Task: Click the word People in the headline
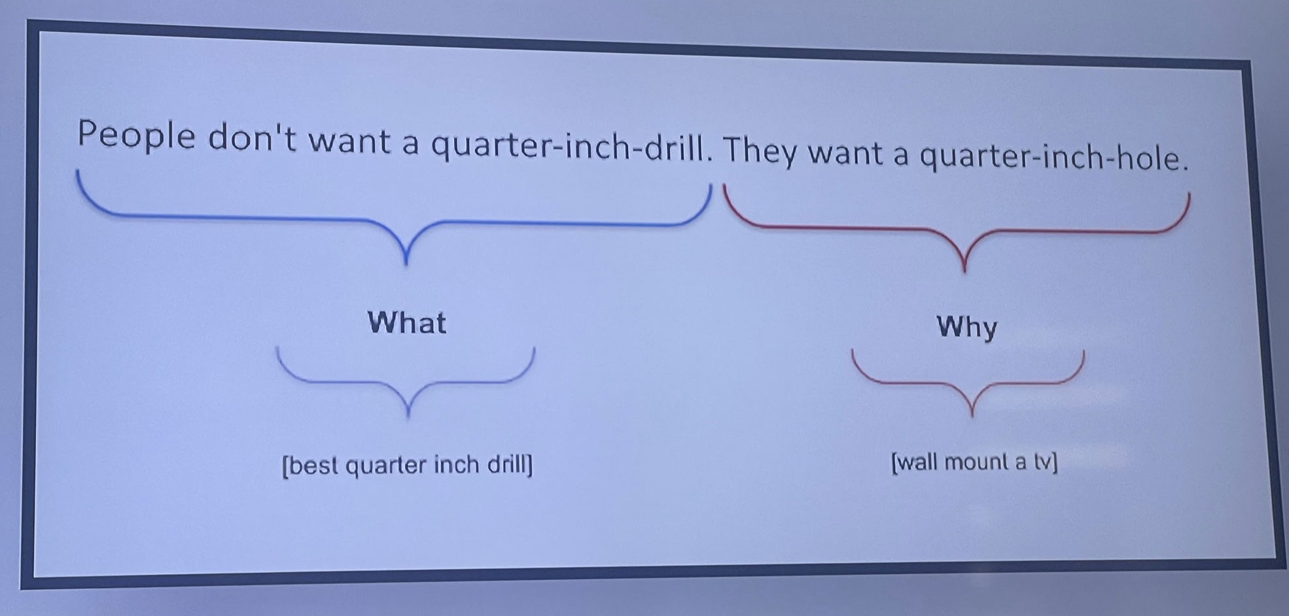[x=136, y=136]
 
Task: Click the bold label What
[x=406, y=322]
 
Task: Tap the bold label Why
[x=967, y=327]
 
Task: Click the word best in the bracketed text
[x=312, y=466]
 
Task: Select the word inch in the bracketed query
[x=457, y=464]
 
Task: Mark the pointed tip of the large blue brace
[x=406, y=264]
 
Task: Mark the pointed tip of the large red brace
[x=964, y=271]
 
